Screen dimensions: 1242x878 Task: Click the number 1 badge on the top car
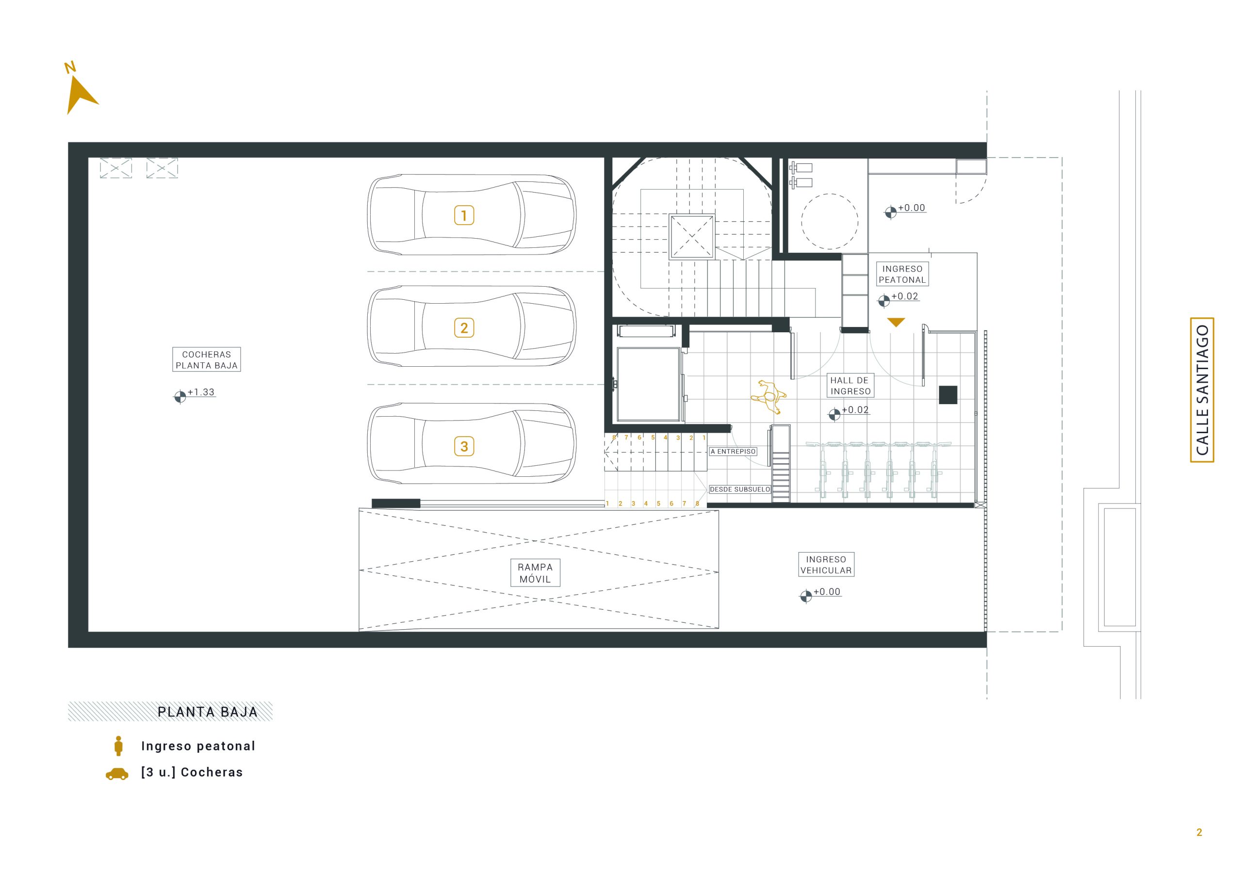tap(464, 215)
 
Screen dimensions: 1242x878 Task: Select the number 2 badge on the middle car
tap(464, 327)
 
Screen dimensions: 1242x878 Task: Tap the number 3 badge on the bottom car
tap(464, 446)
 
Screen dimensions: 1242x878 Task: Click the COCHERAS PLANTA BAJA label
tap(207, 360)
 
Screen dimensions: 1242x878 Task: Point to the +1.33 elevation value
tap(201, 392)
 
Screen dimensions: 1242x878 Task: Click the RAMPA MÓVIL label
tap(535, 573)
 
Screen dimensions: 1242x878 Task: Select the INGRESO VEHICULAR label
tap(826, 565)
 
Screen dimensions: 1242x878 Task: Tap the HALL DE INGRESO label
tap(850, 386)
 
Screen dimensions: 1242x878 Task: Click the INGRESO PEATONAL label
tap(902, 274)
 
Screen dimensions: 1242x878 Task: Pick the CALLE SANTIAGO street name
tap(1202, 390)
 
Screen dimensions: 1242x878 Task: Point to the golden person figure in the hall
tap(768, 396)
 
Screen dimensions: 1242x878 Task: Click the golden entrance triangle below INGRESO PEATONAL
tap(896, 323)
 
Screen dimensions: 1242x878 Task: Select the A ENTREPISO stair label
tap(733, 451)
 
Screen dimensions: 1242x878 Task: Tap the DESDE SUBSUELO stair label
tap(739, 489)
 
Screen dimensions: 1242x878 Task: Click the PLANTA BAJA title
tap(208, 712)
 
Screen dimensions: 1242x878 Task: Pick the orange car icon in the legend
tap(117, 774)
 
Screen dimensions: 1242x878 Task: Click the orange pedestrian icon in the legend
tap(118, 746)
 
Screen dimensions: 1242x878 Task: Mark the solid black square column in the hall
tap(948, 395)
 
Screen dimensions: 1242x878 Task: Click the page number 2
tap(1199, 832)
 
